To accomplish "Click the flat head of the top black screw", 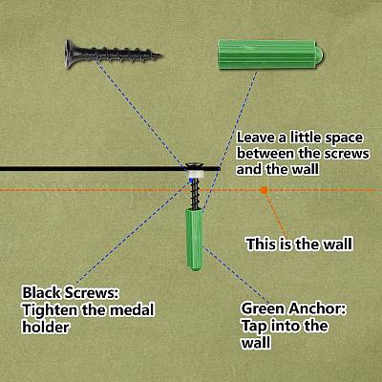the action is point(69,53).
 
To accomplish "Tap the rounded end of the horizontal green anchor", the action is point(319,54).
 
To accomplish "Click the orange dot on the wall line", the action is point(264,190).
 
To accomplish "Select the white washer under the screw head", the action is point(196,174).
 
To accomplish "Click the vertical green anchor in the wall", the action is point(194,240).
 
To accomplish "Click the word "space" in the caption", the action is point(344,138).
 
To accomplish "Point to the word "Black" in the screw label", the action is point(42,292).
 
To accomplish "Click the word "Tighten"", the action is point(50,310).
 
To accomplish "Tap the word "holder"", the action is point(45,327).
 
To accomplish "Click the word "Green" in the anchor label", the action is point(263,308).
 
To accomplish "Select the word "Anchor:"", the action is point(317,308).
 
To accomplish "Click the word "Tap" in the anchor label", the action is point(253,327).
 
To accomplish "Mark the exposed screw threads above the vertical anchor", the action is point(195,194).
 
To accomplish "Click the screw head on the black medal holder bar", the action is point(195,166).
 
